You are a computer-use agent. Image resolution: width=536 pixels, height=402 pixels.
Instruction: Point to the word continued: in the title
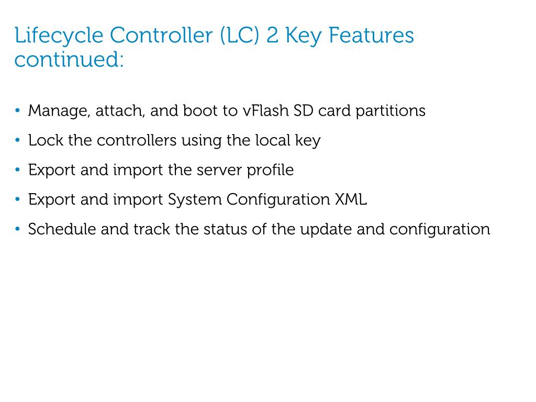pyautogui.click(x=69, y=59)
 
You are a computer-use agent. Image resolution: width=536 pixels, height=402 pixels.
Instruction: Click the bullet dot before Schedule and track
pyautogui.click(x=18, y=229)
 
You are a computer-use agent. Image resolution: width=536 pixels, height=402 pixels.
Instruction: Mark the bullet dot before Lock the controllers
pyautogui.click(x=18, y=140)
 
